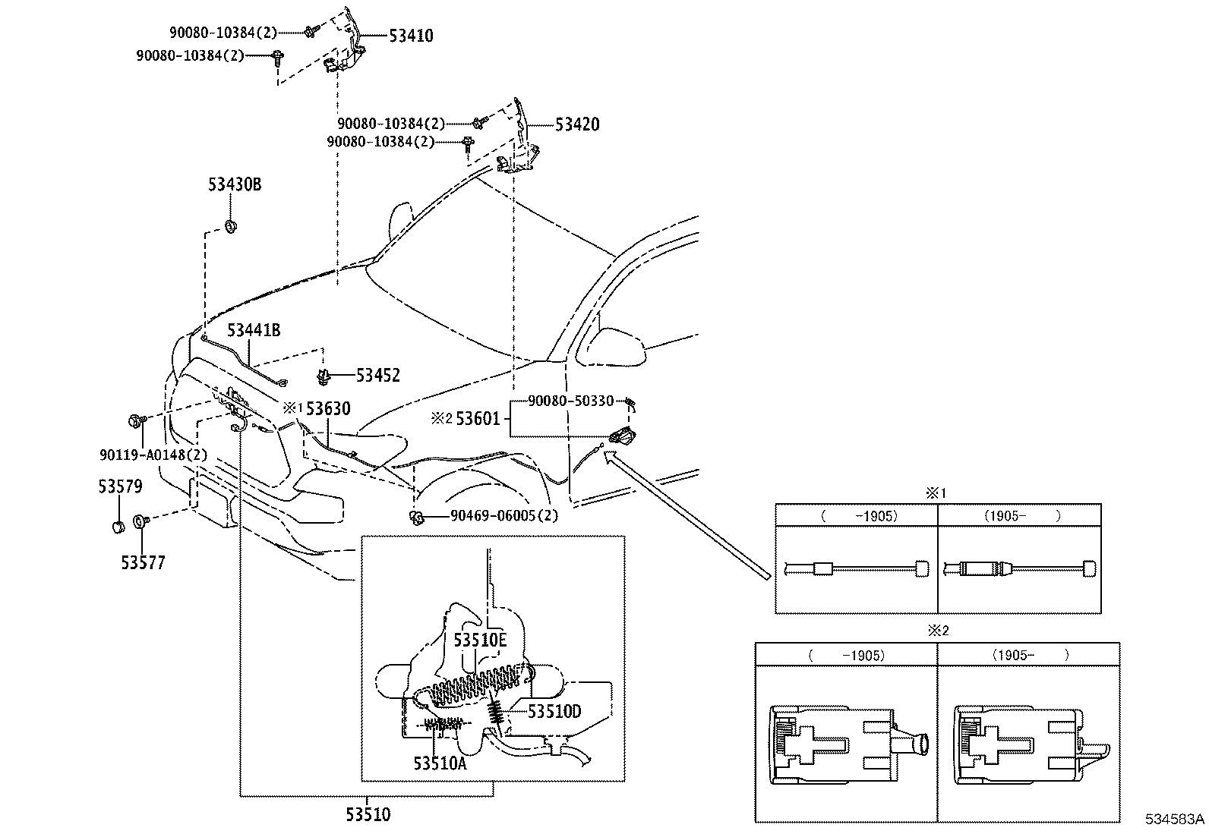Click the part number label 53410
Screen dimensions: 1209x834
pos(412,36)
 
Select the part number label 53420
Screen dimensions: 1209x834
pos(577,124)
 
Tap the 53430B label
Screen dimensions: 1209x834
pos(235,184)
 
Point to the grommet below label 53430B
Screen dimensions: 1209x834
pos(231,226)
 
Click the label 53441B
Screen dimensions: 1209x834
pos(254,329)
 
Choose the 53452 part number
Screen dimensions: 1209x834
pos(378,375)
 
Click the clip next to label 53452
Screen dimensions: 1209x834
pos(324,376)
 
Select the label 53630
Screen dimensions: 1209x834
pos(328,408)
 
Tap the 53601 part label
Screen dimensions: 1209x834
pos(478,418)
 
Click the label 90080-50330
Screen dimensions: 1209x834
pos(571,401)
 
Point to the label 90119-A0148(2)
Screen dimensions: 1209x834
pos(153,455)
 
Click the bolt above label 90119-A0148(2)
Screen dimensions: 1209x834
pos(135,420)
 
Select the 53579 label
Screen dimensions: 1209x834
pos(120,486)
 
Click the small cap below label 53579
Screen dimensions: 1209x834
pos(118,527)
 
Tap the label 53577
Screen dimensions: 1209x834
pos(143,562)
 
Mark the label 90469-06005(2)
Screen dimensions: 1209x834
pos(505,516)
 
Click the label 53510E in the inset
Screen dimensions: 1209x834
pos(480,640)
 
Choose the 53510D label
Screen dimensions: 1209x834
pos(554,711)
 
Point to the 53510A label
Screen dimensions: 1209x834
pos(440,763)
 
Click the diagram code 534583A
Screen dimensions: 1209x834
pos(1175,819)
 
